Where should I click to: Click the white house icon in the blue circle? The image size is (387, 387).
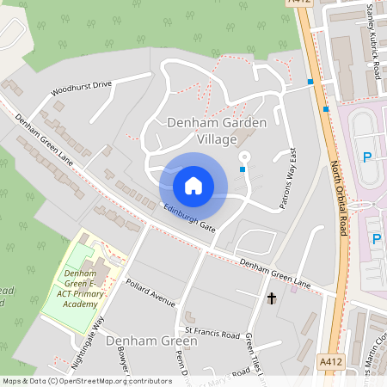(193, 185)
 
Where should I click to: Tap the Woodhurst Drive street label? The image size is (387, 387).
(82, 87)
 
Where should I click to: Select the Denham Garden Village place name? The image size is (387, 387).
(217, 131)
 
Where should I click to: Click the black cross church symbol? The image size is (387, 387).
(271, 298)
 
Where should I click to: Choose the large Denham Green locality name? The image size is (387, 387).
(151, 341)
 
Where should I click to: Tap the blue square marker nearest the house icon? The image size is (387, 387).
(243, 170)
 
